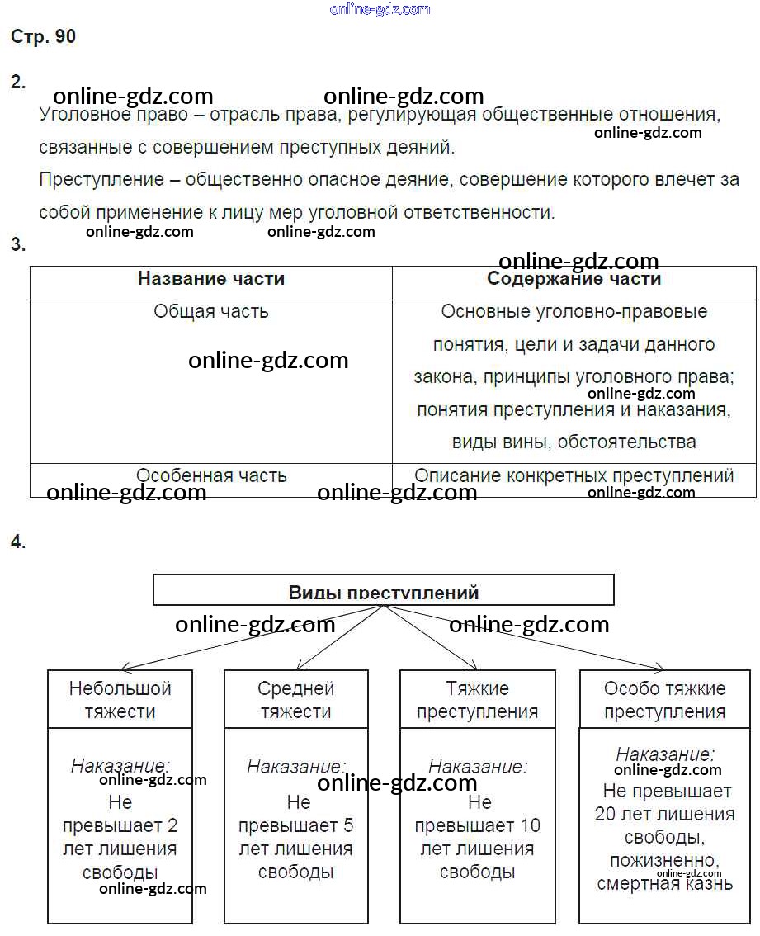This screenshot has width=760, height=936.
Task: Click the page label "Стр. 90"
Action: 44,37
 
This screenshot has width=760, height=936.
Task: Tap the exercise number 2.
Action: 18,82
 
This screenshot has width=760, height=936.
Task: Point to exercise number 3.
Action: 18,244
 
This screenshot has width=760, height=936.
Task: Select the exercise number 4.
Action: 18,542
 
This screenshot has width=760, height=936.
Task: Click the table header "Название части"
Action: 211,279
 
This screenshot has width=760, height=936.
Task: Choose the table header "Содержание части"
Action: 574,279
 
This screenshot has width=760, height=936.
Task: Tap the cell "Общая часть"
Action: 211,312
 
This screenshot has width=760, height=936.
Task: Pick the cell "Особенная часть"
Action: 211,476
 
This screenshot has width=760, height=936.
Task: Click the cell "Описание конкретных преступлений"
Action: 574,476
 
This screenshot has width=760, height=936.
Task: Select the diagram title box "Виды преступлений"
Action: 384,591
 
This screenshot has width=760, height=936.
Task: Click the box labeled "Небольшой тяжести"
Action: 120,699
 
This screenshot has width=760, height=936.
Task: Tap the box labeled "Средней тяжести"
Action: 296,699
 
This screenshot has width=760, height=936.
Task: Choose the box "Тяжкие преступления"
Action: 478,699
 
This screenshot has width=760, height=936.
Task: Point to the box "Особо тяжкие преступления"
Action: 665,699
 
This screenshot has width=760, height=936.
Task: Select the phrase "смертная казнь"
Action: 665,884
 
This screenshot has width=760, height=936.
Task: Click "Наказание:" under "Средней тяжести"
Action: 296,768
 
